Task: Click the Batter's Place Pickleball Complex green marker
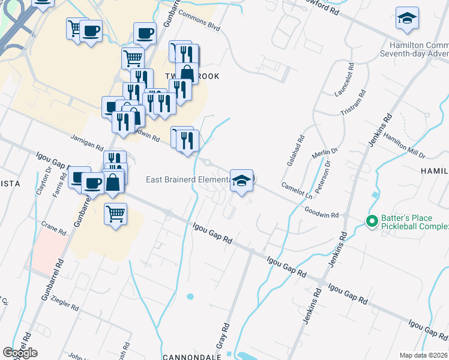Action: tap(372, 223)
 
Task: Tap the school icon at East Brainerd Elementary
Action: tap(241, 181)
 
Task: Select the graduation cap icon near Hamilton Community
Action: tap(407, 19)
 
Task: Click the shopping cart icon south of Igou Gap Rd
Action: tap(115, 214)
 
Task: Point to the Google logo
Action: tap(20, 353)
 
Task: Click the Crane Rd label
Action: tap(53, 230)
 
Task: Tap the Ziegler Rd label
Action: tap(65, 302)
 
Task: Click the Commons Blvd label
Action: tap(200, 23)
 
